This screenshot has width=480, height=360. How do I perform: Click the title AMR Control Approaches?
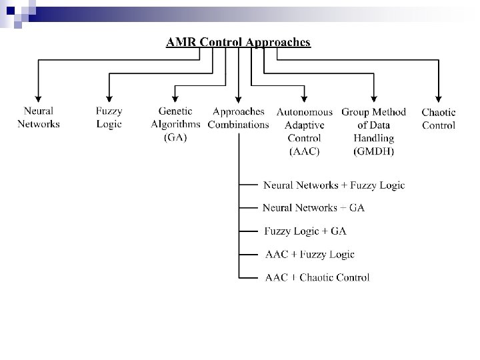point(238,42)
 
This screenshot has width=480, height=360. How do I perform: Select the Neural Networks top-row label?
point(39,117)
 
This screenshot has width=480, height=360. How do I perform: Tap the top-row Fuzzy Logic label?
point(109,117)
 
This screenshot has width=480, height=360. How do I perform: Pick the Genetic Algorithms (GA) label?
point(175,124)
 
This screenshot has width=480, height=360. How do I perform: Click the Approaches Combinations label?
point(239,118)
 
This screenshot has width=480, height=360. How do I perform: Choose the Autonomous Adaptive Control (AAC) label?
point(304,131)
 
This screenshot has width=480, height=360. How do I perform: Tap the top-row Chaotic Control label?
point(439,119)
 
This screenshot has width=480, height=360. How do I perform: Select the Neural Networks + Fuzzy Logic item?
point(334,185)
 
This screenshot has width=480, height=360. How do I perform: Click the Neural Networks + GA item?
point(314,208)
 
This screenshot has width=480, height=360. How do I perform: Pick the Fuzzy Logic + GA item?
point(305,231)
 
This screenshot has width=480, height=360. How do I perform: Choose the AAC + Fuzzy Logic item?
point(309,254)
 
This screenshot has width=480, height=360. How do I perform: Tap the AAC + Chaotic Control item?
point(317,277)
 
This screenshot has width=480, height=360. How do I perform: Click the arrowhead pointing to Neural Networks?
point(39,98)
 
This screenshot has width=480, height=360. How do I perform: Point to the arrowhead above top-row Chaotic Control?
point(439,98)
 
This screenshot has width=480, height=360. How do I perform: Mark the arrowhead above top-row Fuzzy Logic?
point(109,98)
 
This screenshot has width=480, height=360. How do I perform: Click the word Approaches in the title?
point(279,42)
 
